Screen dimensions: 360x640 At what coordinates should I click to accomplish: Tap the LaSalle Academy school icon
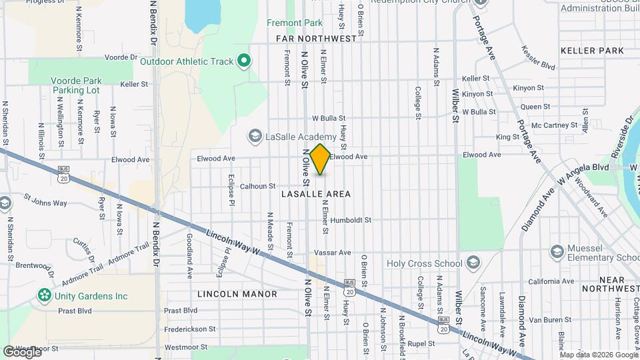coord(254,137)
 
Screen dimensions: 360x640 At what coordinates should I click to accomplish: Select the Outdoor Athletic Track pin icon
coord(244,62)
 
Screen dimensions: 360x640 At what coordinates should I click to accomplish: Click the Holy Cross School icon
coord(473,263)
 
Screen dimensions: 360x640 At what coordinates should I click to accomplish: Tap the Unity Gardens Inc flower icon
coord(44,295)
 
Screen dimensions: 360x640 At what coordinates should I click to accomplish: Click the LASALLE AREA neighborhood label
coord(316,194)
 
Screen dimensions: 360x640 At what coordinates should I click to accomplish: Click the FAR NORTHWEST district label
coord(317,39)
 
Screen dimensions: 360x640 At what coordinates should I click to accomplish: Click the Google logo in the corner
coord(21,351)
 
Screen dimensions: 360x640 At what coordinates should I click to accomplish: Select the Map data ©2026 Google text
coord(599,354)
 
